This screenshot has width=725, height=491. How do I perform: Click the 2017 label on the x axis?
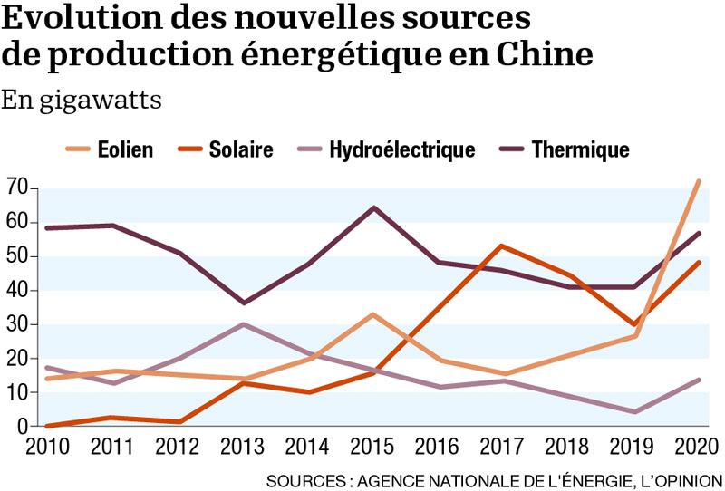tap(502, 447)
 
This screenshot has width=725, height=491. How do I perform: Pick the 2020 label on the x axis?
tap(697, 447)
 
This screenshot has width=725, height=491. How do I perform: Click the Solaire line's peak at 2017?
tap(501, 246)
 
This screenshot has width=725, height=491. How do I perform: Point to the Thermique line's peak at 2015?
tap(373, 207)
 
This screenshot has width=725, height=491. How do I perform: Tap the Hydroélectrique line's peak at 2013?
tap(244, 324)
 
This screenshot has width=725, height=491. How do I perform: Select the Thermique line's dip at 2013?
tap(244, 303)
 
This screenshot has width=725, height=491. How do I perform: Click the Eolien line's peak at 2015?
tap(373, 314)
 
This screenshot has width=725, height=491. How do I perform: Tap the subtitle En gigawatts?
tap(82, 100)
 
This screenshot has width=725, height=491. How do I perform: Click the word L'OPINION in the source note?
tap(677, 478)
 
